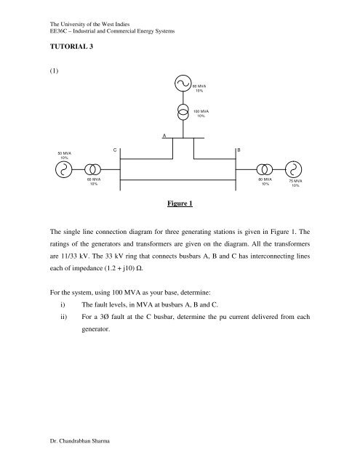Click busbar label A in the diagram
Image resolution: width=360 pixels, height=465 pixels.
point(164,135)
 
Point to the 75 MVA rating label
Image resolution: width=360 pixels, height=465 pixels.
point(295,183)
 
